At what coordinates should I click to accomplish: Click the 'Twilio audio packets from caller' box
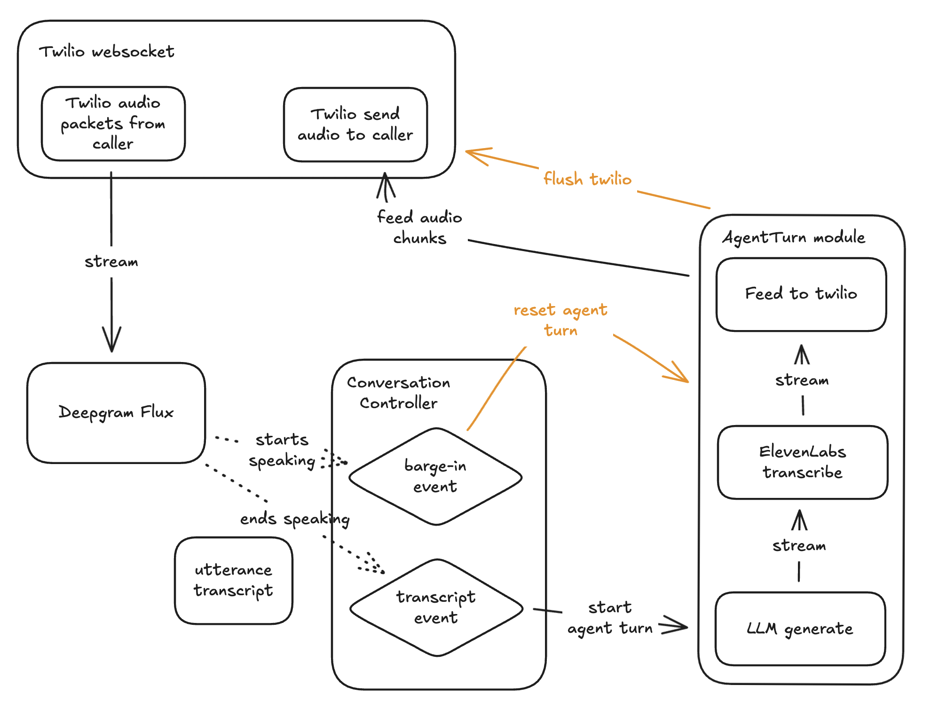pos(113,123)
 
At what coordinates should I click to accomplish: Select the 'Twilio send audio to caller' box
pos(355,125)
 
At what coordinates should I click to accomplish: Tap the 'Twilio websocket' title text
pos(106,51)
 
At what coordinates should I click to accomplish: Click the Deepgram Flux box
pos(116,412)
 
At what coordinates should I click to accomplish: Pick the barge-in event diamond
pos(435,476)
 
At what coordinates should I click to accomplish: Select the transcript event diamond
pos(436,607)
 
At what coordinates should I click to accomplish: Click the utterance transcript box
pos(233,580)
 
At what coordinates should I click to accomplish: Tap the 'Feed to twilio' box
pos(801,294)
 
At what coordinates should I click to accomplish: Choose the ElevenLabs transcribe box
pos(802,462)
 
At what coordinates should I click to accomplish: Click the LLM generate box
pos(800,629)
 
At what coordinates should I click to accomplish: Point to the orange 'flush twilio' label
pos(587,179)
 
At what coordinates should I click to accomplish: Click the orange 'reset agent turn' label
pos(560,320)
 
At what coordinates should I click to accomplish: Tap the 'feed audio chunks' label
pos(419,228)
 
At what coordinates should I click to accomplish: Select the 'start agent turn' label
pos(609,618)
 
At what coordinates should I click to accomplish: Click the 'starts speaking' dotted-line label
pos(282,450)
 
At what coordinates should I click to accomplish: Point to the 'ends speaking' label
pos(295,519)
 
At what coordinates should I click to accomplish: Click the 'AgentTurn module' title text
pos(794,237)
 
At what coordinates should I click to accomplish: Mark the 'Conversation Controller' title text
pos(398,393)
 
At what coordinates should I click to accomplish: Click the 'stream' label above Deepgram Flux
pos(111,262)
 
